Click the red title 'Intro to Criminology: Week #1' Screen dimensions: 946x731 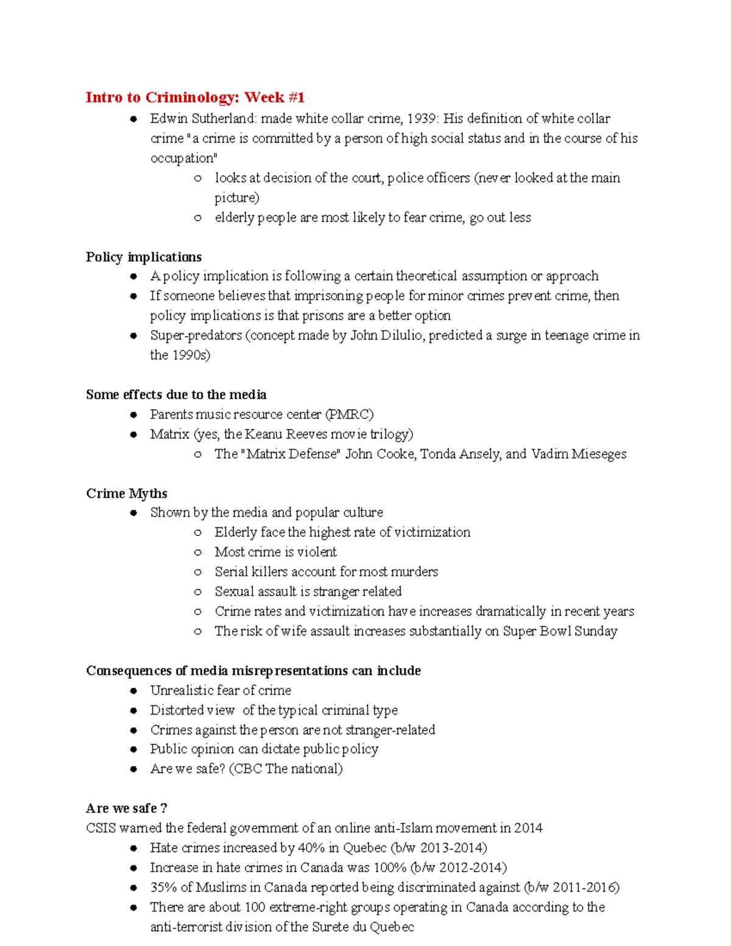click(195, 97)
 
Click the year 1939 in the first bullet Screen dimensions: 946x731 click(421, 118)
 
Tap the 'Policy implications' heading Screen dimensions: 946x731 click(144, 257)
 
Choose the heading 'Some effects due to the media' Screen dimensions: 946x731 click(176, 395)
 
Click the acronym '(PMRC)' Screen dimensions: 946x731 click(349, 414)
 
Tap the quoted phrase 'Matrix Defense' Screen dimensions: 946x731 click(292, 454)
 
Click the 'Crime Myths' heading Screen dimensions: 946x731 click(127, 493)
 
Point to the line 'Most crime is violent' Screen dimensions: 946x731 click(275, 552)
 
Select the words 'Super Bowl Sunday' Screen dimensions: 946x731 click(560, 631)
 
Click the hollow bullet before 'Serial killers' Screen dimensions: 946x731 click(197, 572)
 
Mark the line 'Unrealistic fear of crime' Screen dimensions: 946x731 click(221, 690)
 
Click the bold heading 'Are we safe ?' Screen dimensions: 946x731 click(127, 808)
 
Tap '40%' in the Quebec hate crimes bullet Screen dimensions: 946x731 click(311, 848)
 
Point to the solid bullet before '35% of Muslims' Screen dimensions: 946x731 click(133, 888)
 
